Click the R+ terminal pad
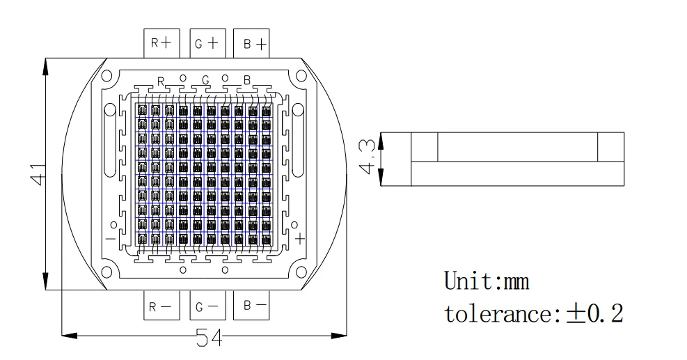[161, 43]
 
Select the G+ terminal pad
[206, 43]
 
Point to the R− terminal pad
[161, 306]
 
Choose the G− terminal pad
[206, 306]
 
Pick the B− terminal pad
[251, 305]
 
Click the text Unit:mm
[487, 281]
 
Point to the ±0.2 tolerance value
[595, 313]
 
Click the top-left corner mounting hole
[106, 76]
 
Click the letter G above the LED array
[205, 81]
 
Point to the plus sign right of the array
[300, 239]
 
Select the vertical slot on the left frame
[109, 142]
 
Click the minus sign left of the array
[111, 239]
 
